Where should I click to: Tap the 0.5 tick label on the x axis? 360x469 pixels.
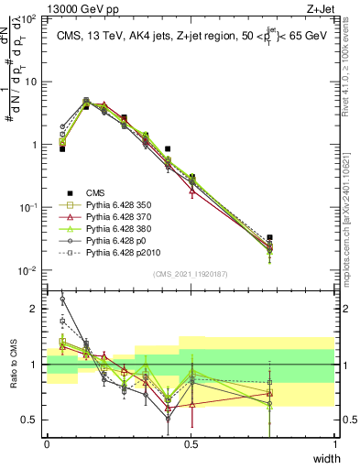point(191,443)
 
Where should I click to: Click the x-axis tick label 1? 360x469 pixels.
point(335,443)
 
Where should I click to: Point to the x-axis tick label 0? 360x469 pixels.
point(47,443)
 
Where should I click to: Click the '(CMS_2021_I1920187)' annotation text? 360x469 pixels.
point(191,273)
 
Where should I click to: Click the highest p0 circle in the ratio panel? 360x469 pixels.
point(62,299)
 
